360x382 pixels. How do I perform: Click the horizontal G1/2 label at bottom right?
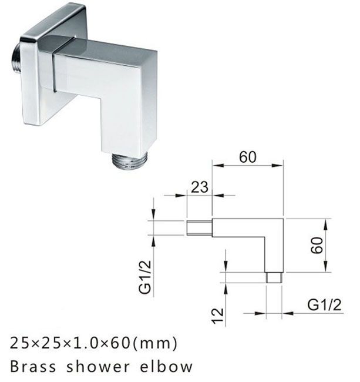324,304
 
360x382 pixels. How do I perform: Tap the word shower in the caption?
102,367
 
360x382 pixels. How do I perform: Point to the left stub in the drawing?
199,227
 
